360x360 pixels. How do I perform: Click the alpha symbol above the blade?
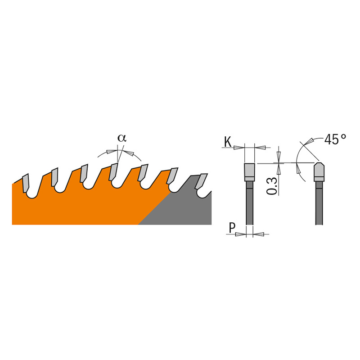[122, 138]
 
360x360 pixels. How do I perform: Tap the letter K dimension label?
[228, 142]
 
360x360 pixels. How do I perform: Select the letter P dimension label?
[232, 228]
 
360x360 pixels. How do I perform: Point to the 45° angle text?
[335, 139]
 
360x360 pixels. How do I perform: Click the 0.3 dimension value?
[271, 186]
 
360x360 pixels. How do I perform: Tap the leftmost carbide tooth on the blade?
[26, 183]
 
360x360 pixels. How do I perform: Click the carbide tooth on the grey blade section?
[201, 181]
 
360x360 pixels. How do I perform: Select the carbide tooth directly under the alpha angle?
[113, 172]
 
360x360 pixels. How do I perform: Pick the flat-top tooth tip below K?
[249, 172]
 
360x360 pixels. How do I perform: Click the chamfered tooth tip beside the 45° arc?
[319, 172]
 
